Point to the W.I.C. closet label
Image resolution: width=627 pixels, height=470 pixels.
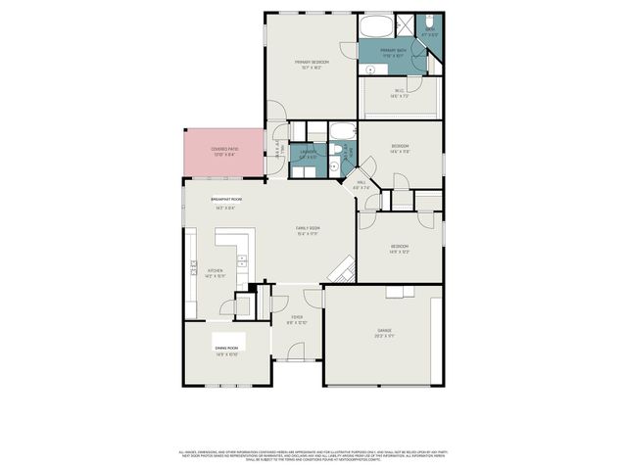(x=399, y=92)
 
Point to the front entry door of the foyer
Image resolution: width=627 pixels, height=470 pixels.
(x=297, y=360)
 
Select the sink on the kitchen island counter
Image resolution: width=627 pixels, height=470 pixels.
(x=241, y=260)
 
